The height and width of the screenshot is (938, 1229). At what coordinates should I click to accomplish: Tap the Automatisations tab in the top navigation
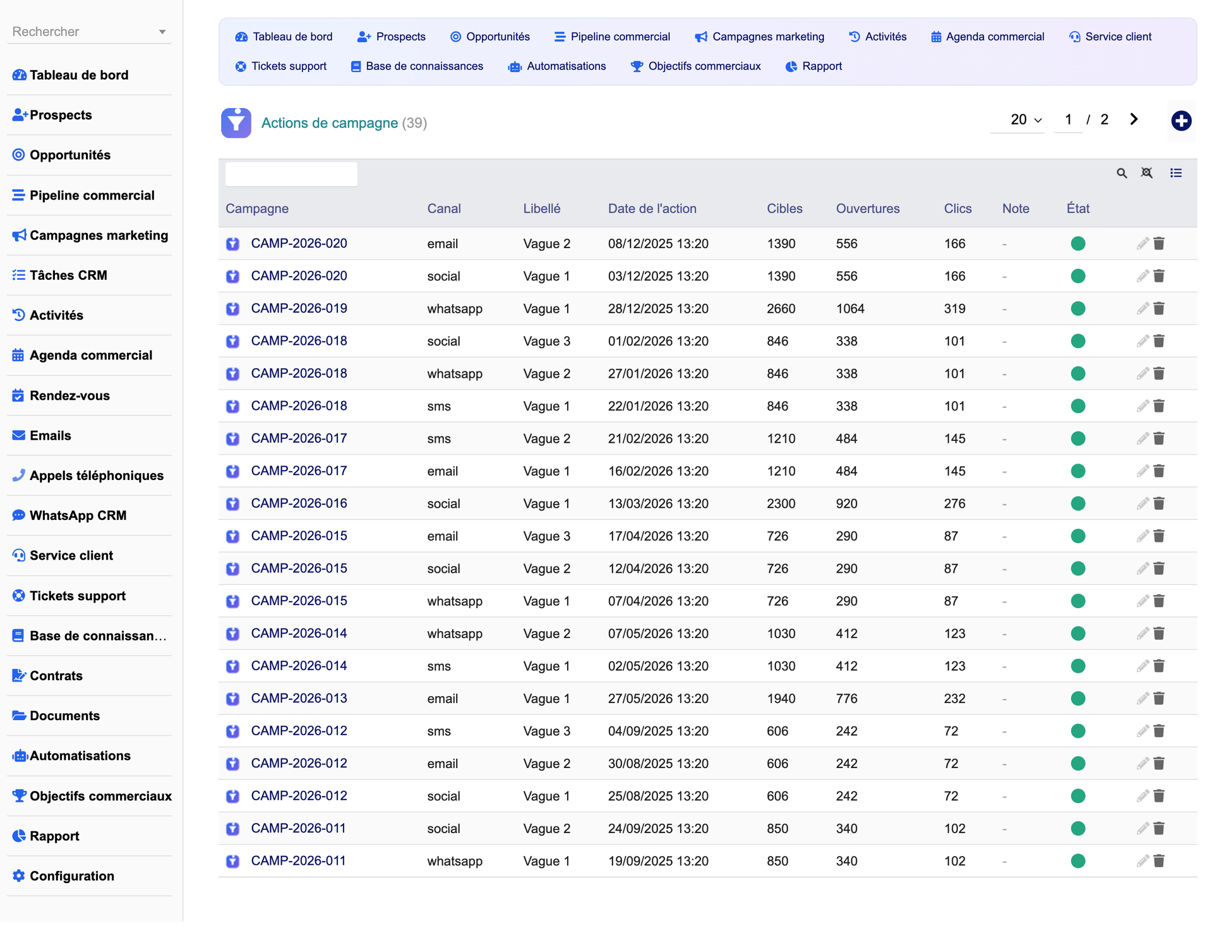pos(557,66)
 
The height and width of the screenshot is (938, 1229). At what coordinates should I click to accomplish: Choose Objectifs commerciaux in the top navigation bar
pos(695,66)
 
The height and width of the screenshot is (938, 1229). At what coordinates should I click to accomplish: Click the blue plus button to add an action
pos(1181,121)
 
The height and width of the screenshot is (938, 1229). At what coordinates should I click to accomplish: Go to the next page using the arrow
pos(1134,119)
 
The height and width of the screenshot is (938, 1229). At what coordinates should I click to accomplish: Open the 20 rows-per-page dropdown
pos(1026,120)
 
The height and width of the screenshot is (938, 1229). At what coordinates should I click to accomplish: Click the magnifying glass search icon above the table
pos(1122,173)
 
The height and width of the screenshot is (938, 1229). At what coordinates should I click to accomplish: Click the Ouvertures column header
pos(868,208)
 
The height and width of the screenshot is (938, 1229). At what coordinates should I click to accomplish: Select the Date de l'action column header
pos(652,208)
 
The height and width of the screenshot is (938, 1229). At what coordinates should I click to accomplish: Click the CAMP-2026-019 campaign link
pos(299,308)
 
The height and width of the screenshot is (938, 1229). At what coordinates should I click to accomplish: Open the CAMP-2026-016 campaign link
pos(299,503)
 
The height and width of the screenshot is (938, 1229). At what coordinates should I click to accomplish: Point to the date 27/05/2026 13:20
pos(658,699)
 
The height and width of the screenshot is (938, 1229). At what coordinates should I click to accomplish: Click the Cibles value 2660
pos(781,309)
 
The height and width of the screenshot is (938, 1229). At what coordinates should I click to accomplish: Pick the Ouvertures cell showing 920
pos(847,504)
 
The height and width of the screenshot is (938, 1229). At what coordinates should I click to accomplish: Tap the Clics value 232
pos(955,699)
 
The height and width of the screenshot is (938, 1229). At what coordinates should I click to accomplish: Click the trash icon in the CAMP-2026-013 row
pos(1159,698)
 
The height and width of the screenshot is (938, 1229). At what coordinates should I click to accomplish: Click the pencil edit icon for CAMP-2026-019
pos(1142,308)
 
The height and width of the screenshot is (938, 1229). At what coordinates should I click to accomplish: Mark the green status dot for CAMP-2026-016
pos(1078,503)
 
